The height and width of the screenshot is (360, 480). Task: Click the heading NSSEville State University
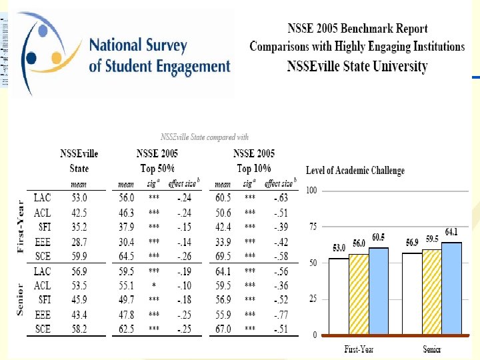click(x=357, y=66)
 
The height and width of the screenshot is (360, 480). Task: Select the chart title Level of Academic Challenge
click(x=355, y=171)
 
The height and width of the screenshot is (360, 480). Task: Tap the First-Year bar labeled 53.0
click(x=339, y=296)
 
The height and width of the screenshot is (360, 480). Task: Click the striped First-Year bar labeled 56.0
click(x=359, y=294)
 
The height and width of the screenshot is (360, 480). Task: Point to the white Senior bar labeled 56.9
click(x=413, y=293)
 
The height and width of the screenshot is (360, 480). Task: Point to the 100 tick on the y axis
click(x=311, y=191)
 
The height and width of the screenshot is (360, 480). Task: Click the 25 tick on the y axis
click(x=312, y=299)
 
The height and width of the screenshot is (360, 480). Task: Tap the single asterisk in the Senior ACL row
click(x=154, y=285)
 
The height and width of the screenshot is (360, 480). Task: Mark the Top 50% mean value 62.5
click(x=127, y=329)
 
